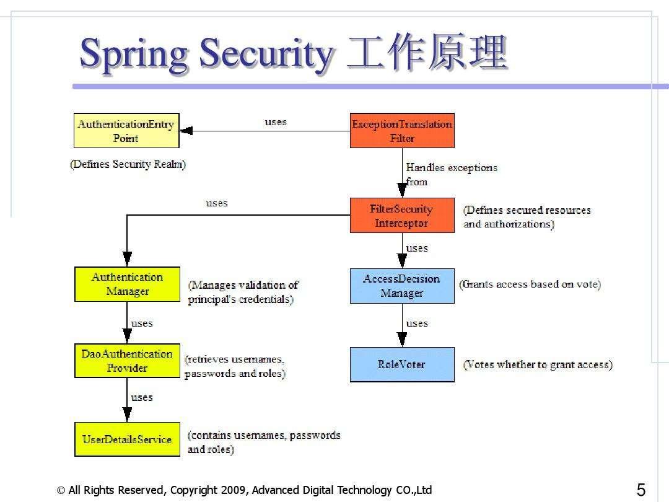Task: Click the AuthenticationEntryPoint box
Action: point(126,131)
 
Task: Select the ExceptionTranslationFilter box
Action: point(402,131)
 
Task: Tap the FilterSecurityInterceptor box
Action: point(402,216)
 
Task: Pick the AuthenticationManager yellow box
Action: point(127,284)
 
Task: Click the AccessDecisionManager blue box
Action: point(402,286)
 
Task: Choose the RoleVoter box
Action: point(402,364)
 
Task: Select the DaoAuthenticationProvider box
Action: point(127,361)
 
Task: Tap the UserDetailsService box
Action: point(127,439)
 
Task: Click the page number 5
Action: point(641,490)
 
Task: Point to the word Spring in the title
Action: point(133,54)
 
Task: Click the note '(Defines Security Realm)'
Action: point(128,164)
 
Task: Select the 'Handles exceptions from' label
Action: point(451,174)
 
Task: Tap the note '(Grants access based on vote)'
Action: point(530,284)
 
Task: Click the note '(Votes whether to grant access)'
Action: point(538,364)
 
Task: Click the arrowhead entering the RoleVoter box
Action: point(402,340)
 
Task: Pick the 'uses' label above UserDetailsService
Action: point(142,397)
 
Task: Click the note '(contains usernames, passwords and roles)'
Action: point(263,442)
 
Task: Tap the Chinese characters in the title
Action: point(427,54)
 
